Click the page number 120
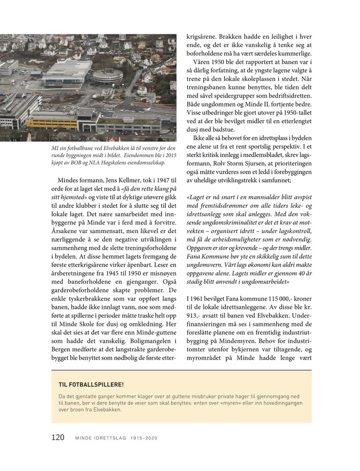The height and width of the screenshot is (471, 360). click(58, 437)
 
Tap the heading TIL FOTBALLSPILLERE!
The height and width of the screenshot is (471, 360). click(91, 385)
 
